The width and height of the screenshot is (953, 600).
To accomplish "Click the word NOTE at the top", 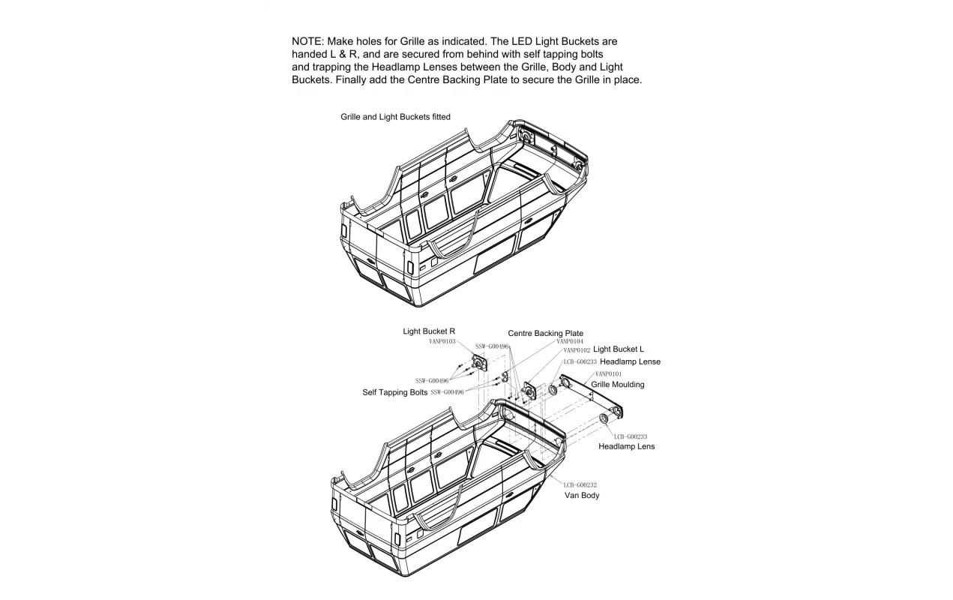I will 307,41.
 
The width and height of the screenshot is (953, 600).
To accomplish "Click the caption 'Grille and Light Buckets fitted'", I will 395,117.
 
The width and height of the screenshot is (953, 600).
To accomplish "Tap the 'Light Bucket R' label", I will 429,331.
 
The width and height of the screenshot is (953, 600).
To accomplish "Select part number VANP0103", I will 442,341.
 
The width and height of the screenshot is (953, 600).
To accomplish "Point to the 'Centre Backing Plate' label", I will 545,334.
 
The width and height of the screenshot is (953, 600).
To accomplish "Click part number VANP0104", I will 570,342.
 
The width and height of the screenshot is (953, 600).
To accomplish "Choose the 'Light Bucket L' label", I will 619,349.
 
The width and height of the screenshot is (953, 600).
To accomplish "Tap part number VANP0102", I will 577,350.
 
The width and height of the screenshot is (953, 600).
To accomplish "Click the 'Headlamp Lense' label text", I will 630,362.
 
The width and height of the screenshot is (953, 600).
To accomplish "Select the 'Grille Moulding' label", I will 617,385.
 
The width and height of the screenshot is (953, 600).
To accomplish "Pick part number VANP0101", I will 608,373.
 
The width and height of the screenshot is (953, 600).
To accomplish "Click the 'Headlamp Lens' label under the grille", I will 626,447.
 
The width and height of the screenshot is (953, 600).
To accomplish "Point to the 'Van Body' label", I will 582,496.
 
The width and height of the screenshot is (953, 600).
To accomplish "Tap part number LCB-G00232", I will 580,485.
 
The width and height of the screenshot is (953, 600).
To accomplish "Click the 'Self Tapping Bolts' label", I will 394,392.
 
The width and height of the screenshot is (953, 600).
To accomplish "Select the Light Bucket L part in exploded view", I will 529,391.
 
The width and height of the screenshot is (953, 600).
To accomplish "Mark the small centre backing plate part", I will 505,376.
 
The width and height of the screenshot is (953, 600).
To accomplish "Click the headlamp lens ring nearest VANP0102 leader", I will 553,390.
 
